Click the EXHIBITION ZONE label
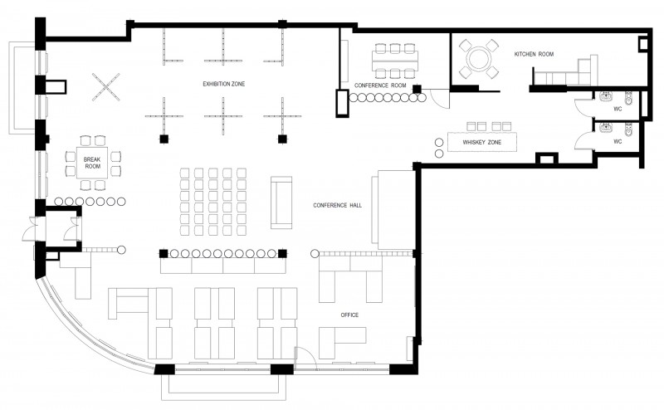[x=223, y=84]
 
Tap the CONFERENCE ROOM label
[x=380, y=85]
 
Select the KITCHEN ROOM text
[x=534, y=54]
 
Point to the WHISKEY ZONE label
[x=481, y=142]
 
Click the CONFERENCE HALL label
[x=338, y=206]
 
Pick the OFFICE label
[x=349, y=315]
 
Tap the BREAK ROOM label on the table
[x=92, y=163]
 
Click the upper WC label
[x=618, y=110]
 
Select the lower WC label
[x=618, y=141]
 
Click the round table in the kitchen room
[x=479, y=58]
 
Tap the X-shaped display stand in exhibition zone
[x=105, y=87]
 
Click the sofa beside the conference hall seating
[x=281, y=203]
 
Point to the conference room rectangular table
[x=395, y=61]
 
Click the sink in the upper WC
[x=606, y=96]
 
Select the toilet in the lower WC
[x=628, y=129]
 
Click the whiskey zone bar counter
[x=482, y=142]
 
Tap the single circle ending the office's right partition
[x=315, y=254]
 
